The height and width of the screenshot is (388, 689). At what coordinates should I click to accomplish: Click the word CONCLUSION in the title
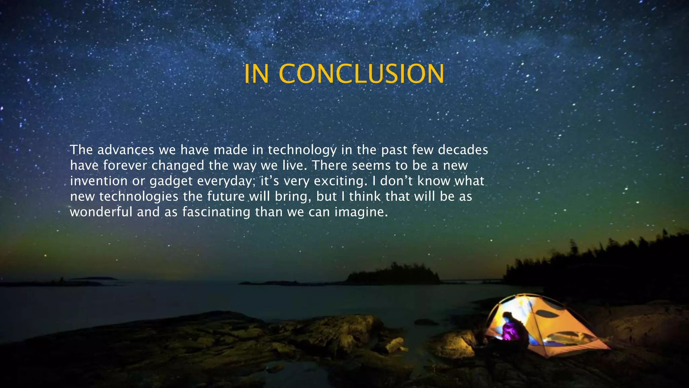tap(361, 74)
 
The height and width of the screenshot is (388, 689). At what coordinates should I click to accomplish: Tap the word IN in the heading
tap(256, 74)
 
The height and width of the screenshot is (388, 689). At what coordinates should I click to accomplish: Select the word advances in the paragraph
tap(126, 150)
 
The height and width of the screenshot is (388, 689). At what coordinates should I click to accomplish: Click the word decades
tap(463, 150)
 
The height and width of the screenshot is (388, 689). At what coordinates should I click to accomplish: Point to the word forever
tap(125, 165)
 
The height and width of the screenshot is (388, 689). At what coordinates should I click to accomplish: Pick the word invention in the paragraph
tap(99, 181)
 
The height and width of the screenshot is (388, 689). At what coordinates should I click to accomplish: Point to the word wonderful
tap(101, 212)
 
